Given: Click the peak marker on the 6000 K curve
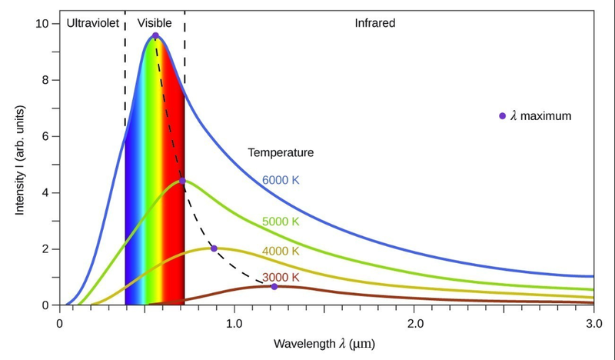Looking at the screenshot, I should [155, 36].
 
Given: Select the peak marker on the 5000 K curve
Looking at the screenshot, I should [182, 182].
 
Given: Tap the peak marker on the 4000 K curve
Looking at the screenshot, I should [214, 248].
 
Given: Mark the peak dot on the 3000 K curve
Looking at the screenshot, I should [274, 287].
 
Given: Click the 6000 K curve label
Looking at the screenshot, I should [281, 180].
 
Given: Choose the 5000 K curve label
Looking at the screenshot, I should [281, 222].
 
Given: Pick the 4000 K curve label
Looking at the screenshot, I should [281, 251].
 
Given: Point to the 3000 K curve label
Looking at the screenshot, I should [281, 277].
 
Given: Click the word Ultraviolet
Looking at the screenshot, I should [93, 23].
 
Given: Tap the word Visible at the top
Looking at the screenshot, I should [155, 23].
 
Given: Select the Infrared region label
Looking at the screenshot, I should [374, 23].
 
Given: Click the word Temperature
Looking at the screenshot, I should [281, 153].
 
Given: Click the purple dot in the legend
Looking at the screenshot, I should [503, 116].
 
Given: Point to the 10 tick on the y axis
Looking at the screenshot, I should [44, 24].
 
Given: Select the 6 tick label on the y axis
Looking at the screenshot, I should [46, 136].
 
